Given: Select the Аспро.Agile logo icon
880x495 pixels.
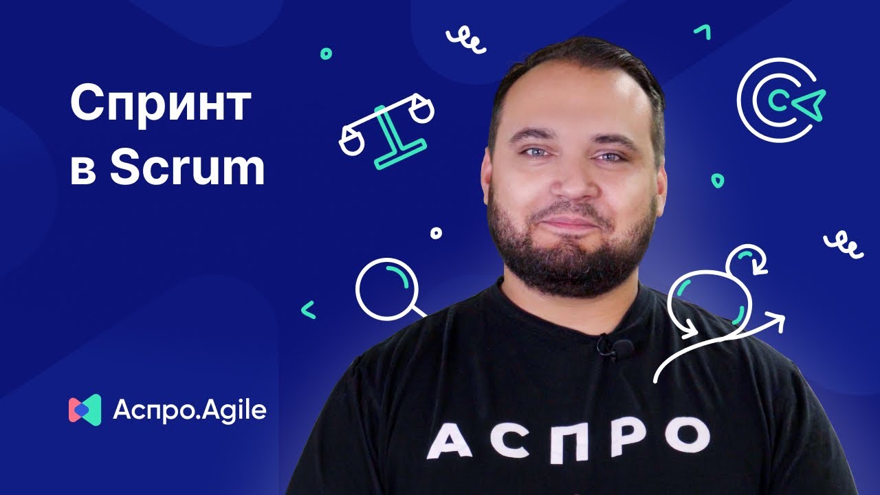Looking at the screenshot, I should coord(85,410).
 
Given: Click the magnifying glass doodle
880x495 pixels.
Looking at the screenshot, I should coord(385,289).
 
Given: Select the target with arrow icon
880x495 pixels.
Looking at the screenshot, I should coord(779,102).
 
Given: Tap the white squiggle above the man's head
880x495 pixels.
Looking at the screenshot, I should coord(465,39).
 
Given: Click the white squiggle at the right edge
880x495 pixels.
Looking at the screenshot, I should coord(844,244).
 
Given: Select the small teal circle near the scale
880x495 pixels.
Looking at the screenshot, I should coord(326,53).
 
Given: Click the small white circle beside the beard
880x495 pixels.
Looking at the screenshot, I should coord(436,233).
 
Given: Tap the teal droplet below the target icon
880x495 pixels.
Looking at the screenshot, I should coord(717,180).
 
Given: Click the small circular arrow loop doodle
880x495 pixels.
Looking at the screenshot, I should coord(746,262).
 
